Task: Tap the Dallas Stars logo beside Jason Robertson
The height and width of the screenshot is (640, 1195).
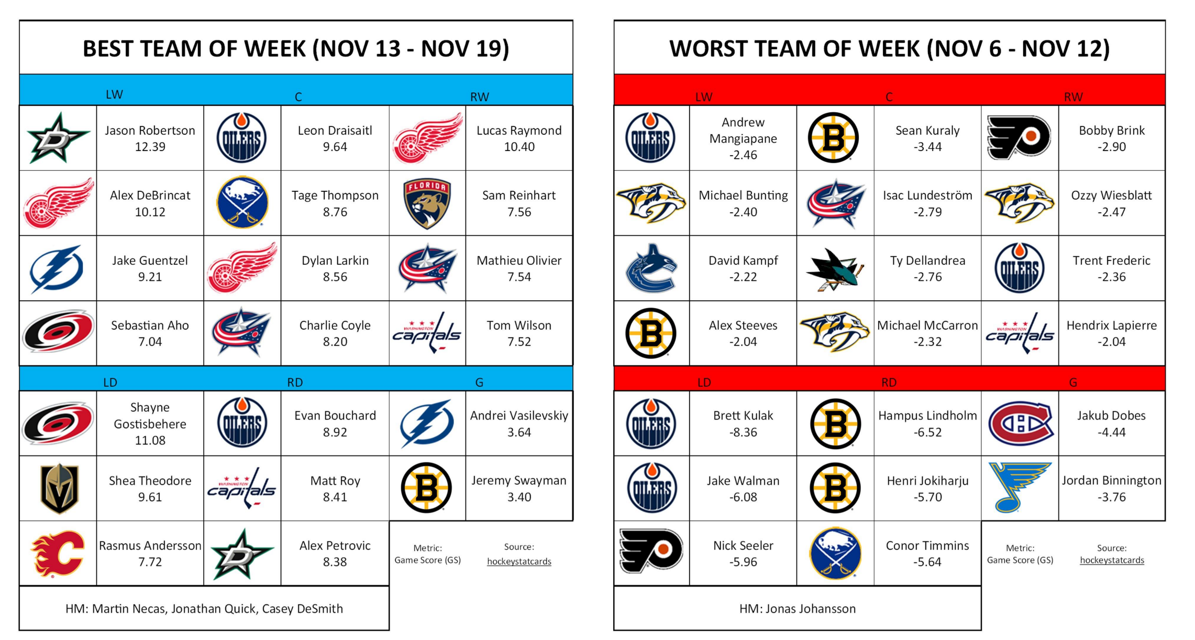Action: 58,138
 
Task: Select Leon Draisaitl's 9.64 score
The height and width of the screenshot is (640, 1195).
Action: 335,147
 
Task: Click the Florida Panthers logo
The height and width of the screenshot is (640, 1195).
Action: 427,203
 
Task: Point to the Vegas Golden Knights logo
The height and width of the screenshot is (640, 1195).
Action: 59,488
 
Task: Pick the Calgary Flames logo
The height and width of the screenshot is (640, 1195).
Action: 58,554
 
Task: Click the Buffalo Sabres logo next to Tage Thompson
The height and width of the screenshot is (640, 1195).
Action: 242,202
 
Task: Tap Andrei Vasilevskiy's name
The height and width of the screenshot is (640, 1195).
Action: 519,416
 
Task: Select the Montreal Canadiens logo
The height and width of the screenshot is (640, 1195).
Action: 1020,423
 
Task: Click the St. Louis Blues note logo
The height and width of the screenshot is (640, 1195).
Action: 1019,487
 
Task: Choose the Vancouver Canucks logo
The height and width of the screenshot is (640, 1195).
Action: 651,268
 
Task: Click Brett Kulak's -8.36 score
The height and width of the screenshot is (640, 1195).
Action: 743,432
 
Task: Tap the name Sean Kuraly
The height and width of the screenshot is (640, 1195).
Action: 927,131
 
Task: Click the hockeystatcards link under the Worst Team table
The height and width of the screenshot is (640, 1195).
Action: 1112,560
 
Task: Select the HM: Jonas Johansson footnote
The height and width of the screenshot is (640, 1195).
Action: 798,609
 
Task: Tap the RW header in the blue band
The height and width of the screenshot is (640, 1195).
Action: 479,97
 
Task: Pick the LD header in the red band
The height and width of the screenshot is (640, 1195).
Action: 704,383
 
